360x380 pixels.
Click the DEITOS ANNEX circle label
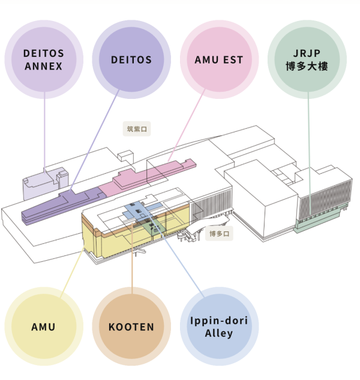[44, 59]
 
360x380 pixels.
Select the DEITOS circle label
[131, 60]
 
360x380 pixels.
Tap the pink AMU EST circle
[219, 60]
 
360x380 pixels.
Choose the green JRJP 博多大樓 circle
[307, 60]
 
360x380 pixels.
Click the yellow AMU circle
[43, 327]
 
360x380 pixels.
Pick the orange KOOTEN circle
[131, 327]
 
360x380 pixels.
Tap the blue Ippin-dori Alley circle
[218, 327]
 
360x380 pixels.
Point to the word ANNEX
[44, 66]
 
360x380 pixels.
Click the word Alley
[218, 333]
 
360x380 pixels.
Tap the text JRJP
[307, 53]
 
